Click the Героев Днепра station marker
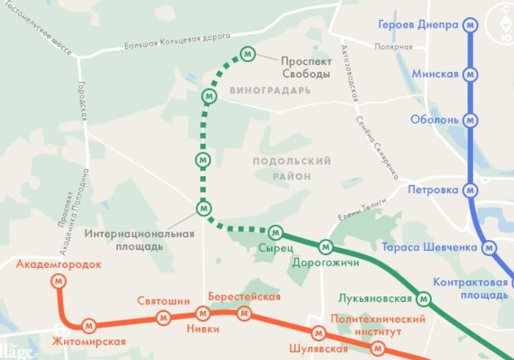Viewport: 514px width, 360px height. (x=471, y=25)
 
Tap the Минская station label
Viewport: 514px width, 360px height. (x=435, y=75)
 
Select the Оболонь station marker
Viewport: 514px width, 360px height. (x=471, y=119)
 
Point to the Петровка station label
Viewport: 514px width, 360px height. (x=433, y=190)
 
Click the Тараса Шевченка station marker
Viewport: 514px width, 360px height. (x=490, y=247)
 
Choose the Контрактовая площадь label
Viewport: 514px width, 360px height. (x=472, y=289)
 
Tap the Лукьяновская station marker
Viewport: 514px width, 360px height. (x=424, y=298)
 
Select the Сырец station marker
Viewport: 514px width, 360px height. (x=275, y=231)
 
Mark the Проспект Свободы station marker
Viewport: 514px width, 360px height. (x=247, y=54)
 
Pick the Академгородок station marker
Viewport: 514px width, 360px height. (x=59, y=281)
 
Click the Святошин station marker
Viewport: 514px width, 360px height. (x=164, y=316)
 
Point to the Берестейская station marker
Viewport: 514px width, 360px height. (x=244, y=314)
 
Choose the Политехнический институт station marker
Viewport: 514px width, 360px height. (x=379, y=347)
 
